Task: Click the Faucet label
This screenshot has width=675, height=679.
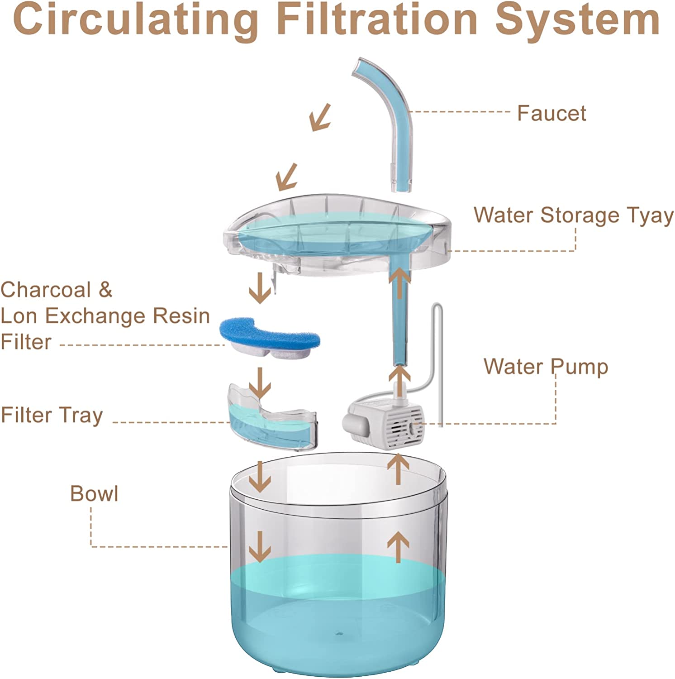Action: pyautogui.click(x=551, y=113)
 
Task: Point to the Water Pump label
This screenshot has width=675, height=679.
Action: pyautogui.click(x=546, y=367)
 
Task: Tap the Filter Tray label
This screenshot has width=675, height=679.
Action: pyautogui.click(x=52, y=416)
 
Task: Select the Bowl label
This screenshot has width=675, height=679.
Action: pyautogui.click(x=94, y=493)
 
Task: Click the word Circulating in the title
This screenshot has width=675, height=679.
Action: pyautogui.click(x=136, y=20)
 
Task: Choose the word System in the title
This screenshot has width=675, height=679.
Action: pyautogui.click(x=577, y=20)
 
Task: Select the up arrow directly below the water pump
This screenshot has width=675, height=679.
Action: pyautogui.click(x=399, y=469)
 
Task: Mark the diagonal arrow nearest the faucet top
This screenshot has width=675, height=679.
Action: pyautogui.click(x=320, y=117)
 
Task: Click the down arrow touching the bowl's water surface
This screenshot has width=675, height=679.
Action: pyautogui.click(x=260, y=546)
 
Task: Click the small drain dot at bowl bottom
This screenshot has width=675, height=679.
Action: pyautogui.click(x=338, y=634)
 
